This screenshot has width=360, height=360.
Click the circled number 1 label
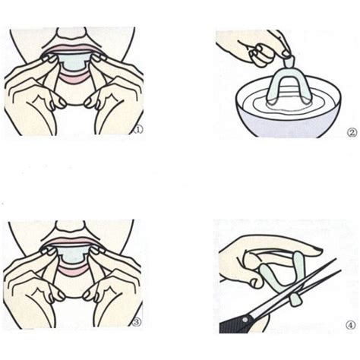[137, 130]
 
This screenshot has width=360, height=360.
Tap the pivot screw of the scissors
[283, 295]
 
